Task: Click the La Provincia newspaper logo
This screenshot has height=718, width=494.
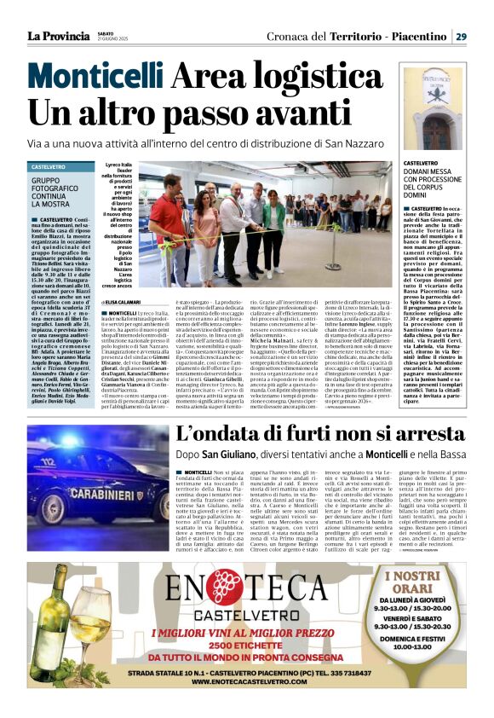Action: tap(56, 35)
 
